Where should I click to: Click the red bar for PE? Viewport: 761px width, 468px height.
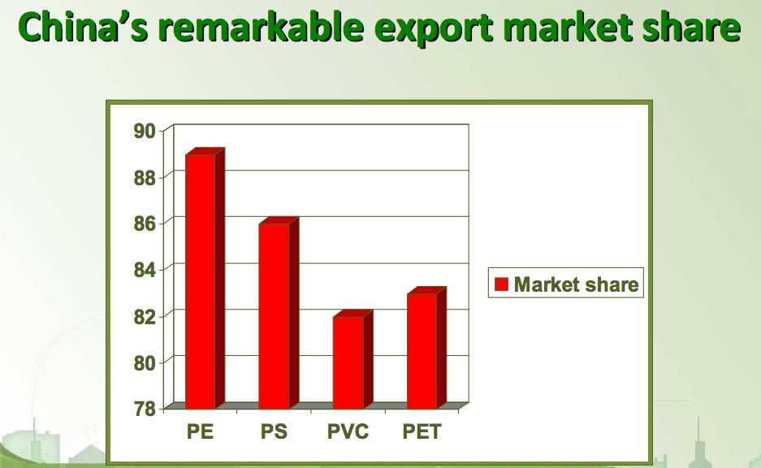205,279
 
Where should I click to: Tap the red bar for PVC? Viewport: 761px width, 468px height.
352,359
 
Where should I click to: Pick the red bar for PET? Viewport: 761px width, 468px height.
426,348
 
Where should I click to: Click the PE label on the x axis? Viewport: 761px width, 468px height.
200,431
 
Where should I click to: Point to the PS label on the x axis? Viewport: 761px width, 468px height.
275,431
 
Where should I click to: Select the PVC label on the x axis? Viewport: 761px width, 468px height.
348,431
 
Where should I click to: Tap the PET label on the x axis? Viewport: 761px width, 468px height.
422,431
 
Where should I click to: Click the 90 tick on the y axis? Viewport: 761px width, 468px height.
145,131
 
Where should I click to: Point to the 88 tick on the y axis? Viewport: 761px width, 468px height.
145,178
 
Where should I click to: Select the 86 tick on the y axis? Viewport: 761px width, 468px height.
145,223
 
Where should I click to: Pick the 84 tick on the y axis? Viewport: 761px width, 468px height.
145,270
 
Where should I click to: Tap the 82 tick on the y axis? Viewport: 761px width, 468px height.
145,317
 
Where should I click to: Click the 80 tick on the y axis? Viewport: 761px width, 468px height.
145,362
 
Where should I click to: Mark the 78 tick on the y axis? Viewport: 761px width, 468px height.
145,409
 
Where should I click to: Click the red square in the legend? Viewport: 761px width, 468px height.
501,284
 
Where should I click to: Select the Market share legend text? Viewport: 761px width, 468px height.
576,284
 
